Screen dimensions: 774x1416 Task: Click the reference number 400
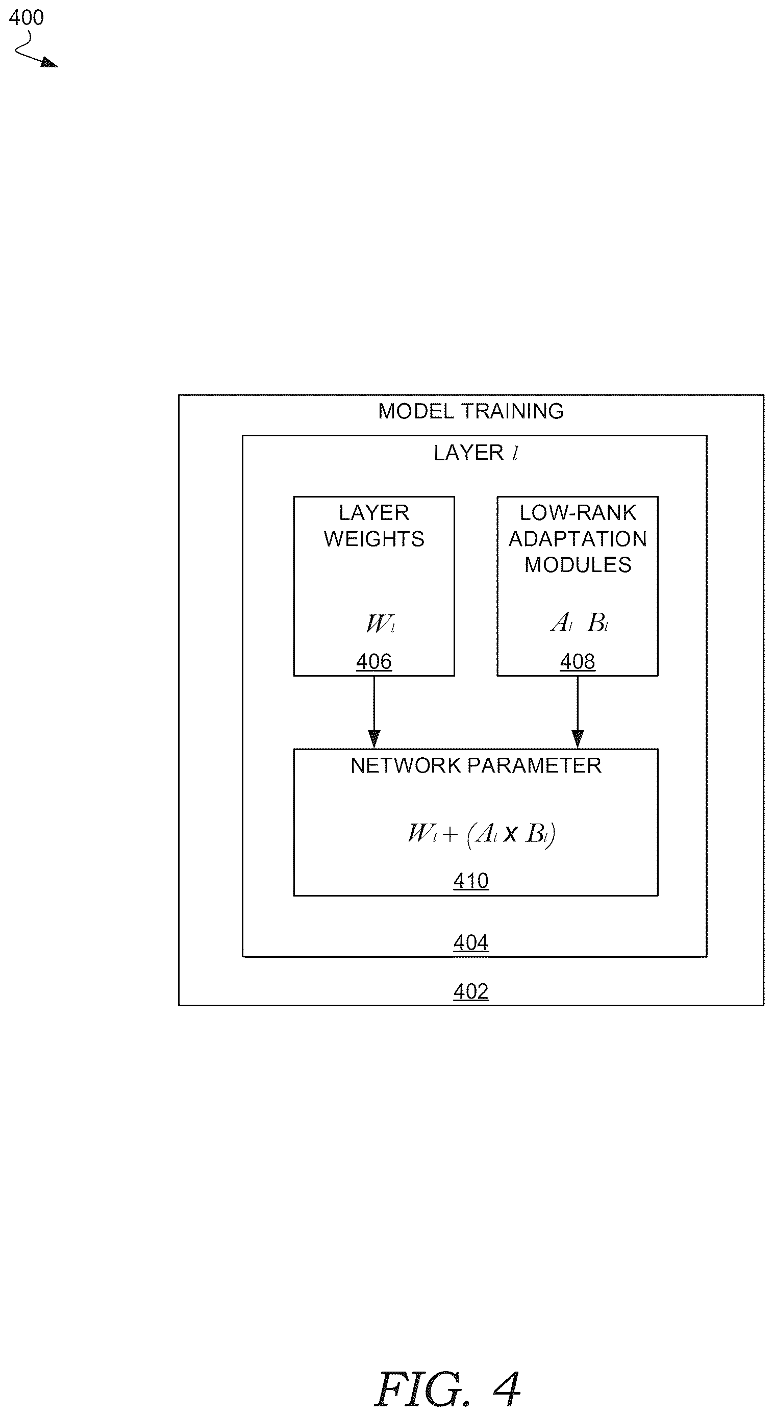[x=27, y=17]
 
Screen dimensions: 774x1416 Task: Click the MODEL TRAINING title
[x=470, y=411]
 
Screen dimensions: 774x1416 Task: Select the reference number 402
[x=471, y=991]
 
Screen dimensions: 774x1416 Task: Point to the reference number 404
[x=471, y=942]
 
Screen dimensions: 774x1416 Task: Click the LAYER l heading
[x=476, y=453]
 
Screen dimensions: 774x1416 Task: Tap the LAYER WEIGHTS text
[x=374, y=526]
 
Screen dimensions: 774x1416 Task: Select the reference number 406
[x=374, y=661]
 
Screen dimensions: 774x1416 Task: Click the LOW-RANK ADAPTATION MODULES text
[x=578, y=539]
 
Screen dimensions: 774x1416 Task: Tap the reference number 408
[x=577, y=661]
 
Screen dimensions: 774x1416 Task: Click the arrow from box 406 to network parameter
[x=374, y=712]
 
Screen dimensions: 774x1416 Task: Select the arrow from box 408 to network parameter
[x=577, y=712]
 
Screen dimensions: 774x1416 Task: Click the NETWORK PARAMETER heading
[x=476, y=765]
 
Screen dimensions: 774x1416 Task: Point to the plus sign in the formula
[x=449, y=834]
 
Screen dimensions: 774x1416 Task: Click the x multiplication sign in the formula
[x=510, y=834]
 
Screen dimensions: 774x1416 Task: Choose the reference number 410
[x=471, y=881]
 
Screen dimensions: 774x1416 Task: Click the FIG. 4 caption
[x=447, y=1388]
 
